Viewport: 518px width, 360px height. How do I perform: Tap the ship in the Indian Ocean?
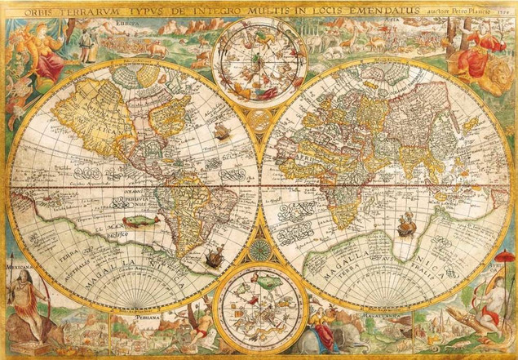[405, 223]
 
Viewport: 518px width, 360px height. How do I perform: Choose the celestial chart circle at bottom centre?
[259, 314]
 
